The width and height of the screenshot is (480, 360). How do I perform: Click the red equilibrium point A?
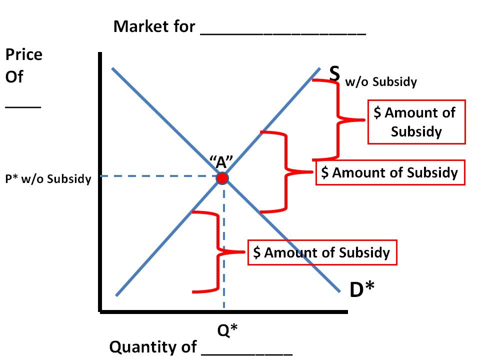[x=222, y=178]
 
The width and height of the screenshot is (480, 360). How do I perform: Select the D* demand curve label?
[x=362, y=290]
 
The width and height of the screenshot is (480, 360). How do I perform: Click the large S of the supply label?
[x=334, y=72]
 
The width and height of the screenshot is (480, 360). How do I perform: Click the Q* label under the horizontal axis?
[x=227, y=330]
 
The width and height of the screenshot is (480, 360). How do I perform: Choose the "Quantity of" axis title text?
[x=153, y=346]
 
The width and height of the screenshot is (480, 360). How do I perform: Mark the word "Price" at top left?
[x=24, y=54]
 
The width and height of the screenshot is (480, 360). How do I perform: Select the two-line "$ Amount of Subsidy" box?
[x=416, y=121]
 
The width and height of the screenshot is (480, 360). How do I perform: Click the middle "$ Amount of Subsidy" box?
[x=390, y=172]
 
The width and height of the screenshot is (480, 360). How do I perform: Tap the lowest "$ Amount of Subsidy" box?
[x=322, y=252]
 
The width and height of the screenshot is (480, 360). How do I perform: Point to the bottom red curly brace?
[x=218, y=251]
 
